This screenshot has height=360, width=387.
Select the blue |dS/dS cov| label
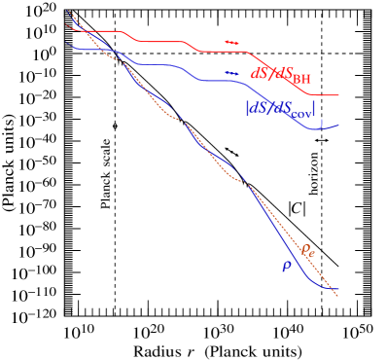point(280,106)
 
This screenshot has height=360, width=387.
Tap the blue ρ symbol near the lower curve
point(287,265)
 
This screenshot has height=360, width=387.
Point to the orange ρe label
point(307,250)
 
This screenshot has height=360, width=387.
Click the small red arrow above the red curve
point(231,43)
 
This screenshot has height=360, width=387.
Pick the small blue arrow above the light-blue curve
point(231,73)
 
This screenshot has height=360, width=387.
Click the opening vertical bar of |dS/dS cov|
point(247,107)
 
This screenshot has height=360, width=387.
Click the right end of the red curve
point(338,95)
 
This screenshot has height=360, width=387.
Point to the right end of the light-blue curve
point(338,125)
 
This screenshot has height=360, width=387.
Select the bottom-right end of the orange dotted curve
point(337,295)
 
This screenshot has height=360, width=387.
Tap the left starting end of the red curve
point(66,24)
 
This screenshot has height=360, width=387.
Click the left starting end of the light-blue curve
point(66,41)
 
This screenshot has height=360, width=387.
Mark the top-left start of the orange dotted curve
point(69,13)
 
